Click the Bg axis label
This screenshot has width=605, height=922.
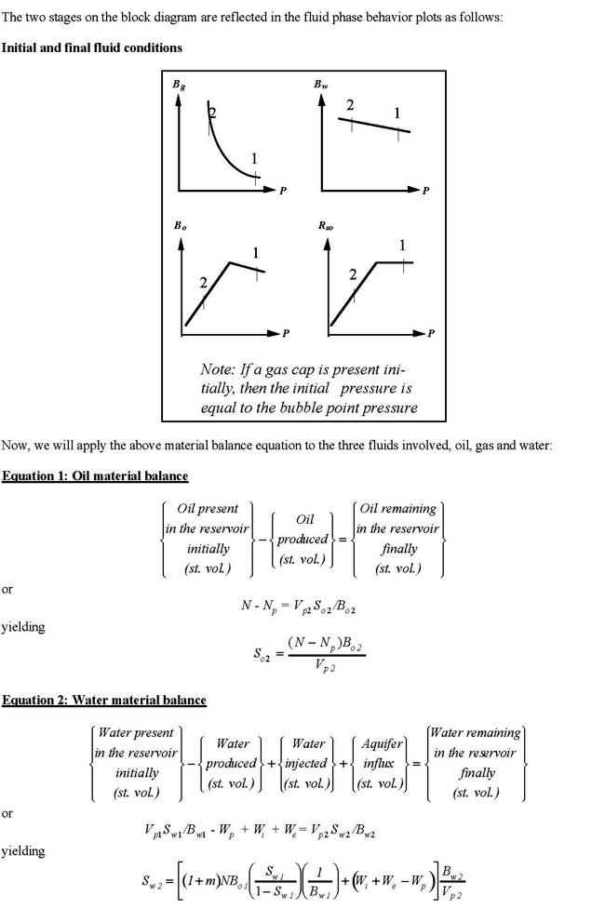[x=177, y=85]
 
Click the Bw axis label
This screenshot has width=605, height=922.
[x=321, y=85]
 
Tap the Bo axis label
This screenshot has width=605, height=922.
[x=178, y=225]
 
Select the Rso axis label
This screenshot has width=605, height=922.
[x=323, y=225]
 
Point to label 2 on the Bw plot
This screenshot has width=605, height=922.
[x=350, y=105]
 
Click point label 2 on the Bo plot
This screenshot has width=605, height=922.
[x=201, y=282]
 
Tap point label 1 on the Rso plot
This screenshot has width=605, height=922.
[x=402, y=246]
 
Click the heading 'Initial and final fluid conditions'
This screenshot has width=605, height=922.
[x=92, y=47]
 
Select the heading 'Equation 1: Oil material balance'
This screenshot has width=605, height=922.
[x=95, y=476]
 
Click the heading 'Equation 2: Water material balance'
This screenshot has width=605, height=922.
[x=103, y=700]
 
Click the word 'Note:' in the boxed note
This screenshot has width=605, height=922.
[x=221, y=369]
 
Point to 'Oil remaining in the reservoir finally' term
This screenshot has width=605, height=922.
[x=397, y=539]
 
